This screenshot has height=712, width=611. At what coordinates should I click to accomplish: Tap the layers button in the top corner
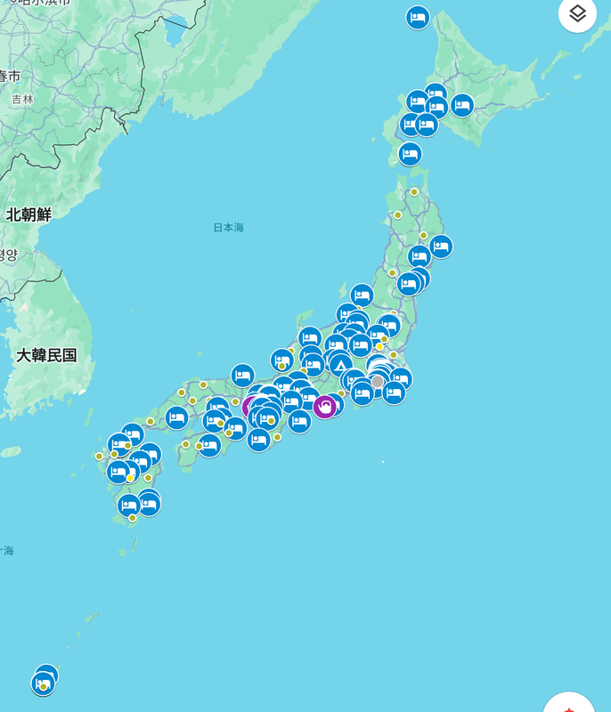(x=577, y=13)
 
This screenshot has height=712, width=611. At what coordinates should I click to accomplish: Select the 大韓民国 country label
(x=46, y=355)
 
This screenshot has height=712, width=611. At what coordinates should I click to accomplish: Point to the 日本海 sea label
(x=228, y=228)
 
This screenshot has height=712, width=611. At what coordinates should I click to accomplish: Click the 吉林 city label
(x=22, y=100)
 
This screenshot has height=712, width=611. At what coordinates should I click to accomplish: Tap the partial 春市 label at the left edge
(x=9, y=76)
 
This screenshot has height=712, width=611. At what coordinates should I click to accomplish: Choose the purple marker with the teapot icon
(x=324, y=407)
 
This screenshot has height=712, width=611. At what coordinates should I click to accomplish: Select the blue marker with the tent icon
(x=339, y=363)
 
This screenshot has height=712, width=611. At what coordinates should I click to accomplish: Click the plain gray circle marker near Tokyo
(x=378, y=382)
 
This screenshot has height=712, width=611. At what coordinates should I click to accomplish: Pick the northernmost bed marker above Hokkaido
(x=418, y=17)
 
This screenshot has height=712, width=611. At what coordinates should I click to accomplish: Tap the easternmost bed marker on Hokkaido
(x=462, y=105)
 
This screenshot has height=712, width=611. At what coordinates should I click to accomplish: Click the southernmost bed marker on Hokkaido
(x=410, y=154)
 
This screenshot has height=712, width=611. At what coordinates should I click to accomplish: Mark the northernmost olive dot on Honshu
(x=414, y=191)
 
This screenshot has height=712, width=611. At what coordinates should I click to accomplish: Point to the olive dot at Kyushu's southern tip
(x=133, y=518)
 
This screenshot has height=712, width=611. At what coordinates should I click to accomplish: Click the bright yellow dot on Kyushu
(x=131, y=478)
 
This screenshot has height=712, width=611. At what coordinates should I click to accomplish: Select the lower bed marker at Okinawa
(x=42, y=684)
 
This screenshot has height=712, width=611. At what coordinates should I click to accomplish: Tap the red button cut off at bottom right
(x=570, y=703)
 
